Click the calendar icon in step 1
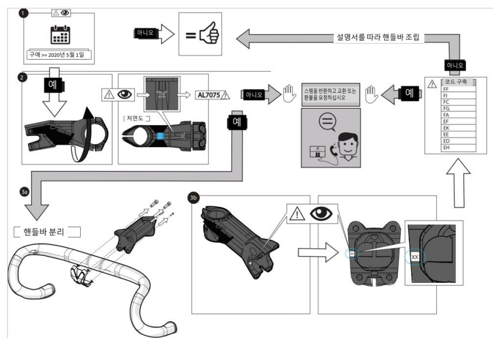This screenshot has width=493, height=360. tap(59, 36)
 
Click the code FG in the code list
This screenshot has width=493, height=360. tap(446, 112)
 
